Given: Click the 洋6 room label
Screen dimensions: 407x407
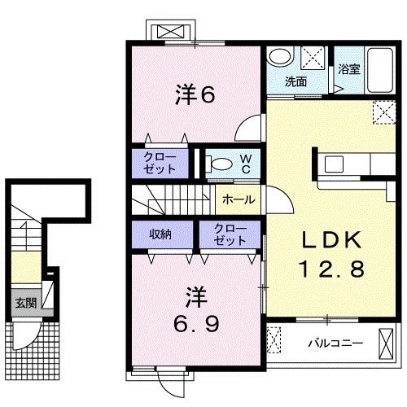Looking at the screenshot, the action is (195, 94).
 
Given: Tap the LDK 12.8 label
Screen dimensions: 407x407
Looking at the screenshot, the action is (331, 254).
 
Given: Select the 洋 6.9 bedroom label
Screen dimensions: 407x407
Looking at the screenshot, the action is (196, 310).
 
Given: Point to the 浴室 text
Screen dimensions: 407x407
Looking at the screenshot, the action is (349, 69).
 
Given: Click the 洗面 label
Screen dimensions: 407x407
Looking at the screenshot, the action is (295, 81).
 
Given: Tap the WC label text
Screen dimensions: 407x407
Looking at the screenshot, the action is (246, 164).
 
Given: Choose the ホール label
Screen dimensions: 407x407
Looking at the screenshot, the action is (239, 199).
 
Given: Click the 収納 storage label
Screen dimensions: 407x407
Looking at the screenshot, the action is (160, 234).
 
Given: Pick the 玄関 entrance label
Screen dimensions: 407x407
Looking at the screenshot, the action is (26, 303).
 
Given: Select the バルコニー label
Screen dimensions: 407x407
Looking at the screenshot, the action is (335, 344).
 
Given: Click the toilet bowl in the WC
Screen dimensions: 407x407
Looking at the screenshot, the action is (219, 164).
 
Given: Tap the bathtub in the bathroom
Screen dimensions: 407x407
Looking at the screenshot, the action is (380, 71).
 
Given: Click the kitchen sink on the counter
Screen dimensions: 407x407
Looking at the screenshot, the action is (334, 164).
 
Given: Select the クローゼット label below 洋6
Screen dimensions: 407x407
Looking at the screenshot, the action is (160, 163).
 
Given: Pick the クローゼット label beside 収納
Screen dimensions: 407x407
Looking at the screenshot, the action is (230, 234).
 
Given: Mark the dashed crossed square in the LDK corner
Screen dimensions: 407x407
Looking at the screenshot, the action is (384, 112).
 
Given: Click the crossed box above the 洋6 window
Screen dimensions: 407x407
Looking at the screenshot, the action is (170, 32).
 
